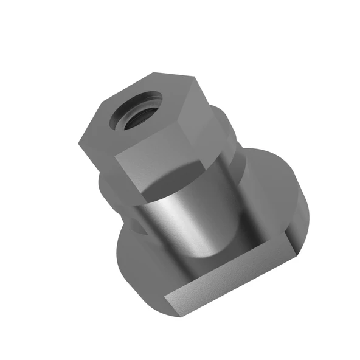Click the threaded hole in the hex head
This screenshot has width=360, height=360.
[x=136, y=111]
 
